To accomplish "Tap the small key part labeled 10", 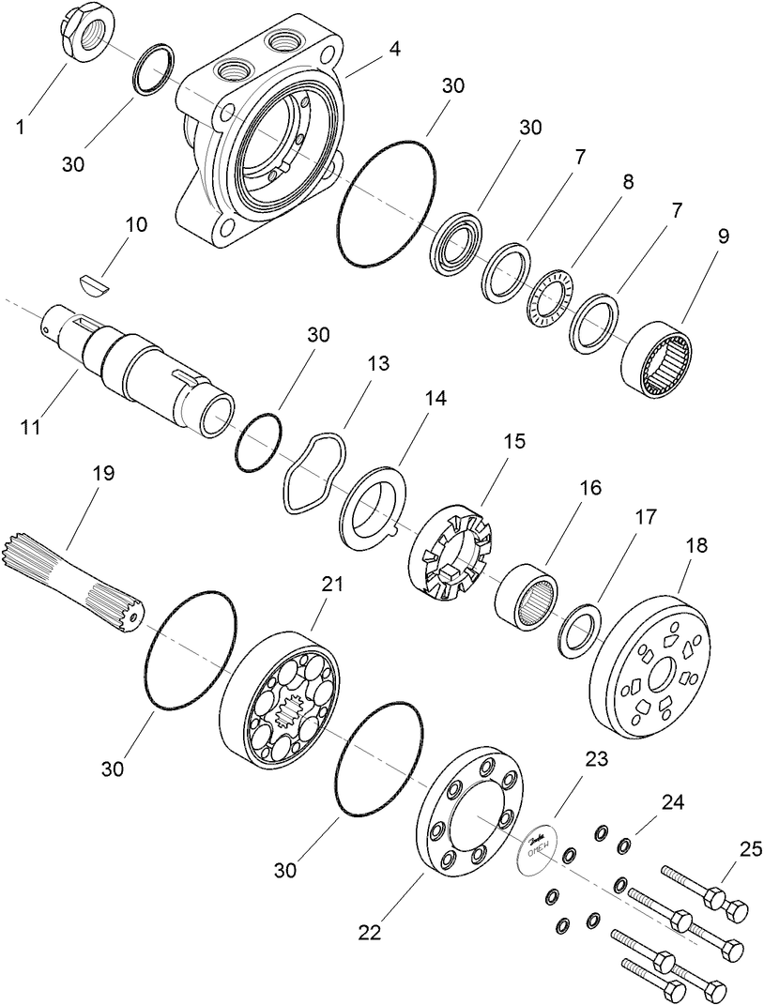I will pyautogui.click(x=93, y=281).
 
